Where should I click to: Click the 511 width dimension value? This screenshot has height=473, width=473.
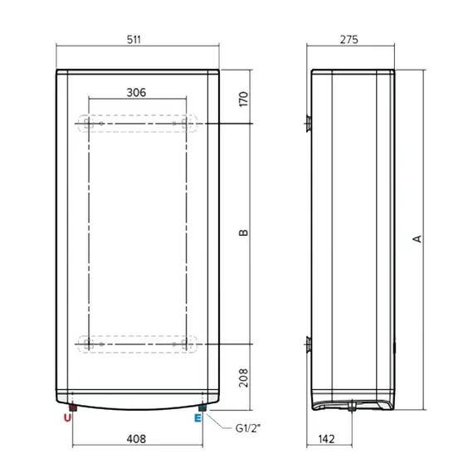click(134, 40)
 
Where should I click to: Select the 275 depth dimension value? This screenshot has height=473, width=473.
click(349, 40)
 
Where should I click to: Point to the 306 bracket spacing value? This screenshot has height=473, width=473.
click(136, 93)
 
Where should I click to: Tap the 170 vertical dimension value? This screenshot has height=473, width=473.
click(243, 99)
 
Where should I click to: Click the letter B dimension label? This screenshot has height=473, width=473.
click(243, 232)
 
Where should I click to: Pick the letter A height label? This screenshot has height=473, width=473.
click(417, 239)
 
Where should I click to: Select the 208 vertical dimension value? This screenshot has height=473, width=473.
click(243, 378)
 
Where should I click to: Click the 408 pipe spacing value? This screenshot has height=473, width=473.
click(136, 439)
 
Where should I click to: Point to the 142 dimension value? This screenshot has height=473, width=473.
click(326, 439)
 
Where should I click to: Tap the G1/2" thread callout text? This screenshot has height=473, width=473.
click(247, 428)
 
